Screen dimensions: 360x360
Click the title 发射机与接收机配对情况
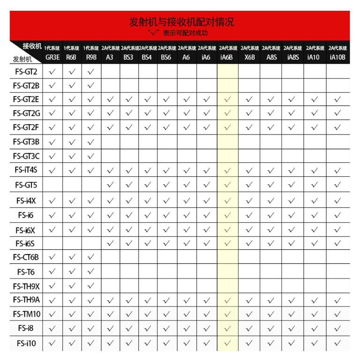pos(181,22)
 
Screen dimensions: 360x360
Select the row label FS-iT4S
pos(26,170)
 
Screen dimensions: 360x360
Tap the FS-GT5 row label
pos(26,185)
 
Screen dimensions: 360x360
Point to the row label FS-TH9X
pos(26,285)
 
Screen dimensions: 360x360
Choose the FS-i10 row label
pos(26,343)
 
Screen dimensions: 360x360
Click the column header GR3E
pos(52,57)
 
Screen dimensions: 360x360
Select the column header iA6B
pos(227,57)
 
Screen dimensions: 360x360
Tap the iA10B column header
pos(337,57)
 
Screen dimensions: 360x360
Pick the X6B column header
pos(249,57)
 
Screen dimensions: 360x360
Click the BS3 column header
pos(128,57)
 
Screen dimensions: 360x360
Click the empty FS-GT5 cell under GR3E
pos(52,185)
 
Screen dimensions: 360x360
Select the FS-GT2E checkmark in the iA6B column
pos(227,99)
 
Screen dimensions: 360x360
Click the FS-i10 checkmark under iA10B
pos(337,343)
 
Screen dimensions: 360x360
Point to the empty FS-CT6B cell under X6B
pos(249,257)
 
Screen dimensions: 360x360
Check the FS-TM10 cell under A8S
pos(271,314)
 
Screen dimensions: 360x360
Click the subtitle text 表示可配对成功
pos(185,33)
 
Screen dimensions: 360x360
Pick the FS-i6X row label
pos(26,230)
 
